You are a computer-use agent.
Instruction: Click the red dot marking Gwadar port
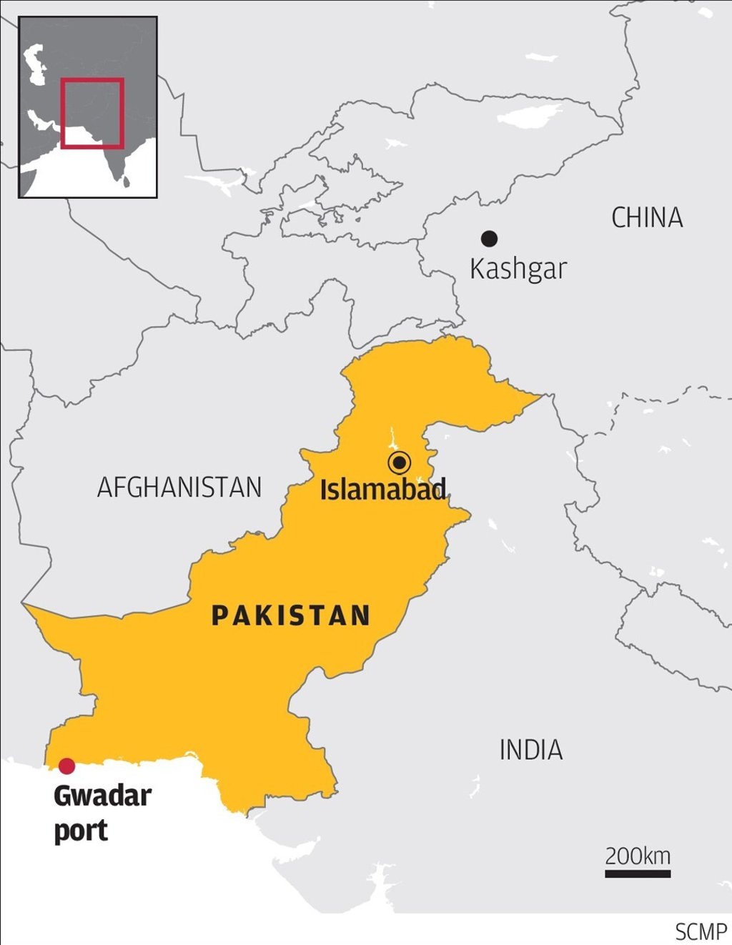pos(66,766)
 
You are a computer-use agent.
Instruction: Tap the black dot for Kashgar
pos(489,239)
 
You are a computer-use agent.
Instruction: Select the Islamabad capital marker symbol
pos(399,463)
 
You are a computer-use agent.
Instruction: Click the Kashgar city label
pos(518,269)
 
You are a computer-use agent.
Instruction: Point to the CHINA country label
pos(647,218)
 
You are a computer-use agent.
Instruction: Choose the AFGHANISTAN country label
pos(179,488)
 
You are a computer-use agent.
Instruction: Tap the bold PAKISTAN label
pos(290,615)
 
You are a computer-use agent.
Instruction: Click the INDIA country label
pos(530,751)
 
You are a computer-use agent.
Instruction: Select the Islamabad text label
pos(382,490)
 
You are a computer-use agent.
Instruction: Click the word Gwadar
pos(102,796)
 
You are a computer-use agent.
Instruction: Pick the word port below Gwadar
pos(81,831)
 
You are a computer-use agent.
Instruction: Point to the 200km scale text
pos(638,856)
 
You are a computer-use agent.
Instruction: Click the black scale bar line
pos(638,874)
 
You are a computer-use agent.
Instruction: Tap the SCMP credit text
pos(701,932)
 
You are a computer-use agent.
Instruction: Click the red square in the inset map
pos(92,79)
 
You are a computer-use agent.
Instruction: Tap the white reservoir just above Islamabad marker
pos(392,437)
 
